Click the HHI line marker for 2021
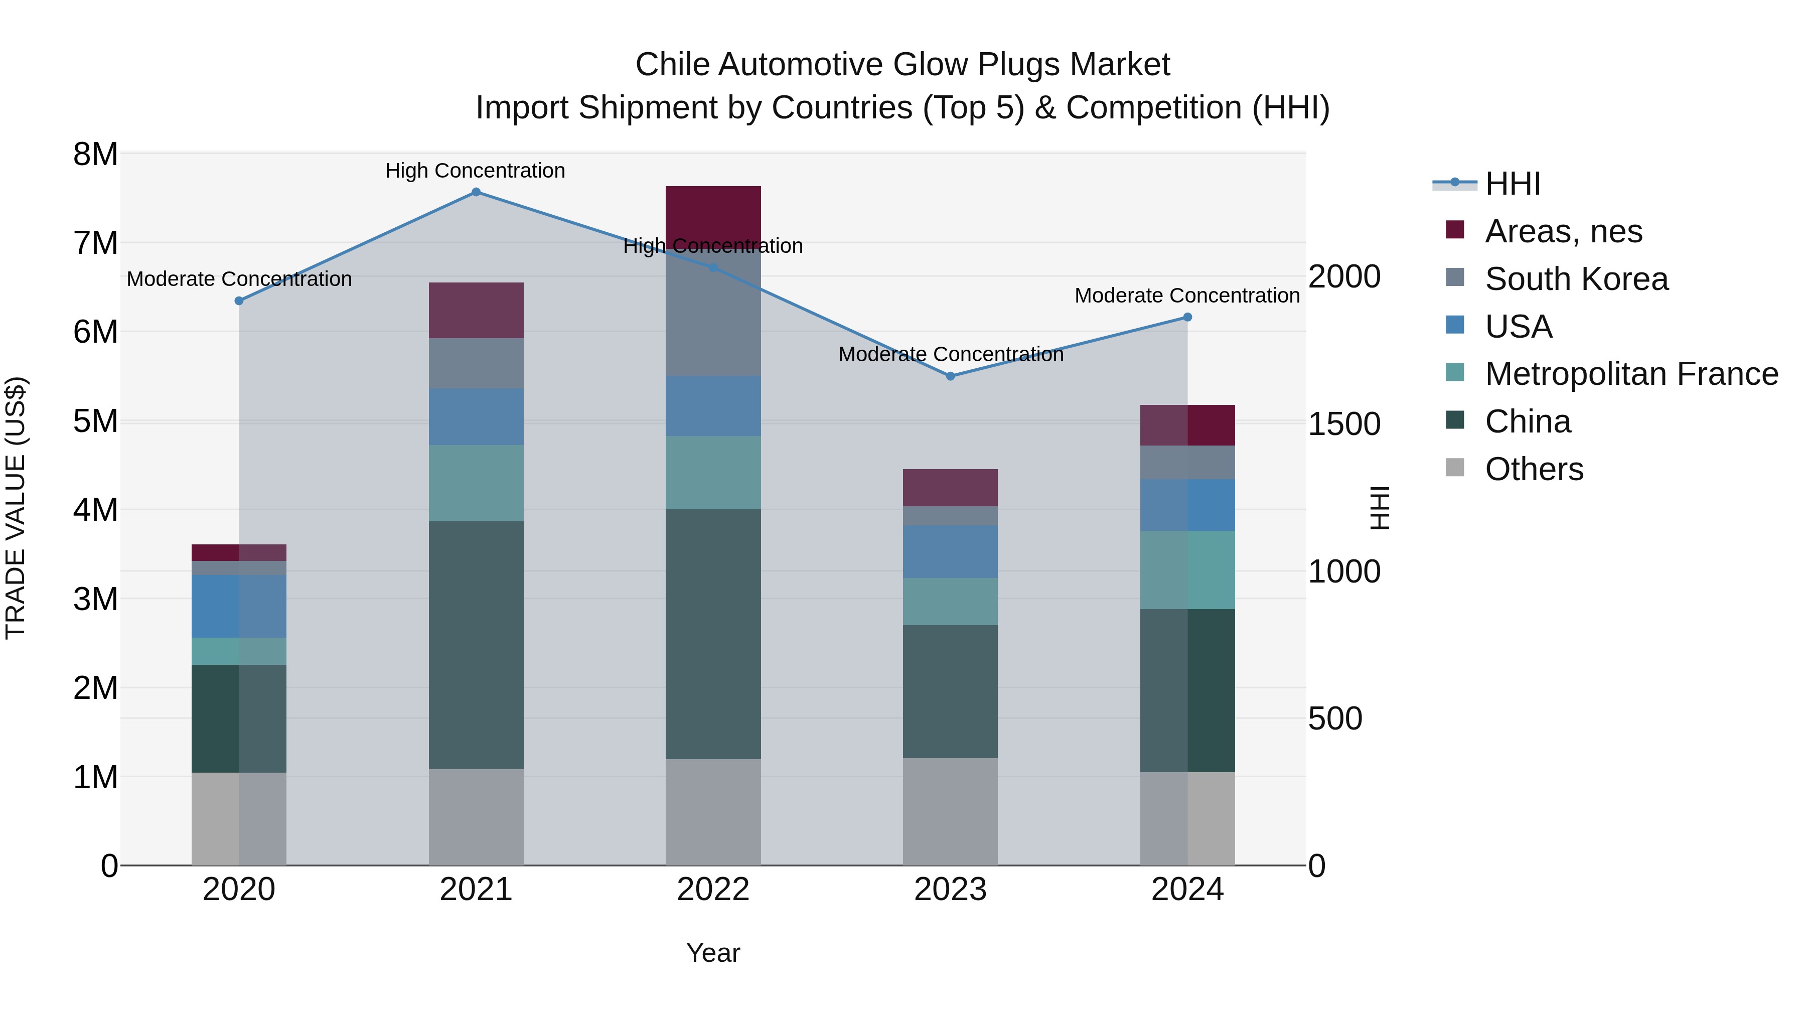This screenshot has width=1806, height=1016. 476,192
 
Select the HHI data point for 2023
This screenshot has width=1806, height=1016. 950,376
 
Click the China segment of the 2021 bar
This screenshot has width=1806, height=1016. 476,645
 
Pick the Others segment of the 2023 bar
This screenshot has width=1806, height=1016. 950,811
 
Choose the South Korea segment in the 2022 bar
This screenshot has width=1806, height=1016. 713,312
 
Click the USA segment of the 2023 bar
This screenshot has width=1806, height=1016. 950,552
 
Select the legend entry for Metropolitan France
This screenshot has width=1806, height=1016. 1631,374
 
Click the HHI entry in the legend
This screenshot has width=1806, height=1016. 1512,184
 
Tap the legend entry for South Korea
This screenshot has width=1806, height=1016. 1576,279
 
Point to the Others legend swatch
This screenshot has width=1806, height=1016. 1455,468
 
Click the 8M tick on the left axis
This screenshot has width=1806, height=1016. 95,154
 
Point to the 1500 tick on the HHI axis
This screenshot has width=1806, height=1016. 1344,424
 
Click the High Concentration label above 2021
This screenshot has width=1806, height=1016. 476,171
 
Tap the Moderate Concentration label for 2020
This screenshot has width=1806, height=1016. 239,279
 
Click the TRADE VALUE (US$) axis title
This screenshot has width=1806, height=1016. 16,508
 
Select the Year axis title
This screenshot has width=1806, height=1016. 713,953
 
